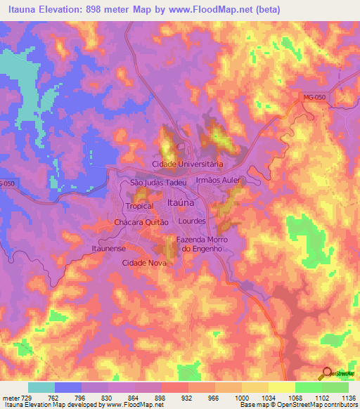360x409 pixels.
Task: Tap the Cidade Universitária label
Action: [188, 164]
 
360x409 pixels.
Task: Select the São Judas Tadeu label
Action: [159, 182]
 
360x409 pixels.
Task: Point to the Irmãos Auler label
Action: [219, 181]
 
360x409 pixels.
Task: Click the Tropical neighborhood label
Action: [139, 206]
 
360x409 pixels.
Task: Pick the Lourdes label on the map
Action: [192, 221]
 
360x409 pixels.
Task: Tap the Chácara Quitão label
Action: [142, 221]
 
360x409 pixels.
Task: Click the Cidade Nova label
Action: [144, 262]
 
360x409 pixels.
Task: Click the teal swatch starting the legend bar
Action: [41, 387]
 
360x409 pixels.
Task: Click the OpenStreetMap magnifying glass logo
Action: [326, 373]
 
